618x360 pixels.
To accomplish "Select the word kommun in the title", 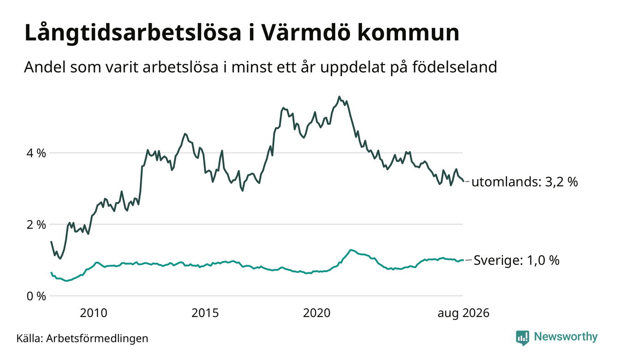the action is pos(408,33).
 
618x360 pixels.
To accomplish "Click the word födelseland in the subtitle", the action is pos(455,67).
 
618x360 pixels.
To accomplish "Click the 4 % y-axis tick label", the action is pos(36,153).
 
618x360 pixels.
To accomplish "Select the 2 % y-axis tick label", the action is pos(36,225).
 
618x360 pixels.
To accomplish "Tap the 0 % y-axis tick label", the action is pos(36,296).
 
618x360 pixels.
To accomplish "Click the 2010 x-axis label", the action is pos(94,313).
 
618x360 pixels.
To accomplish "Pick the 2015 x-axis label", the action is pos(205,313).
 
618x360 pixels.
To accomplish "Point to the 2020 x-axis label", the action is pos(317,313).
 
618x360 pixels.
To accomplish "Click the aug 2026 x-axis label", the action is pos(463,313).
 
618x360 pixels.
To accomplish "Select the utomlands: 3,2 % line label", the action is pos(524,182).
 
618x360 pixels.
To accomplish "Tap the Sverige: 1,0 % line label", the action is pos(517,260).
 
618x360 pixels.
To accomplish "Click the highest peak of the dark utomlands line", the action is pos(339,96).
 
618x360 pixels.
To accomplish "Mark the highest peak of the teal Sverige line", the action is pos(351,250).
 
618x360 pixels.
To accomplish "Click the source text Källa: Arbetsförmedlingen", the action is pos(82,338).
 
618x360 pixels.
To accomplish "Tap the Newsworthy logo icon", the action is pos(523,338).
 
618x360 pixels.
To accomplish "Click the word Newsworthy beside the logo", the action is pos(565,337).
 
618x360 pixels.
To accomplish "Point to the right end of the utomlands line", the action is pos(463,181).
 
